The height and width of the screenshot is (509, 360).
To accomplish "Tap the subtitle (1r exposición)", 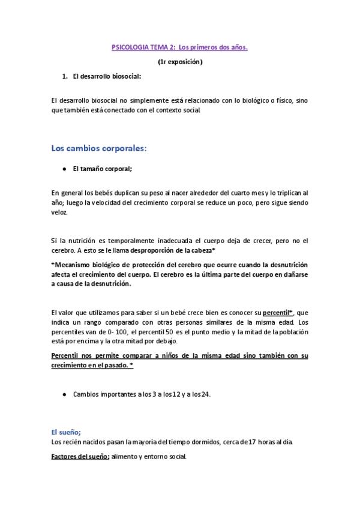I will (x=180, y=62).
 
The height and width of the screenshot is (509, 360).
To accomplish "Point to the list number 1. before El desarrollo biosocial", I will (x=65, y=77).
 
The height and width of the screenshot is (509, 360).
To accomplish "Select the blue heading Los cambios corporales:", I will (x=99, y=148).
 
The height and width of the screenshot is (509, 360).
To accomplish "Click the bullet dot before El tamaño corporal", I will (x=64, y=170).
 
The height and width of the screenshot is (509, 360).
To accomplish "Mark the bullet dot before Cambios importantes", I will (x=64, y=394).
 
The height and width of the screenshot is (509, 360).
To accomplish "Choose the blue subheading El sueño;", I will (x=66, y=432).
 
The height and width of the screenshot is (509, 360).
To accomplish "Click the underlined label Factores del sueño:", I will (x=80, y=457).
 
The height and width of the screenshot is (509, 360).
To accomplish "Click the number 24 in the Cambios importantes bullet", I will (x=204, y=394).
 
